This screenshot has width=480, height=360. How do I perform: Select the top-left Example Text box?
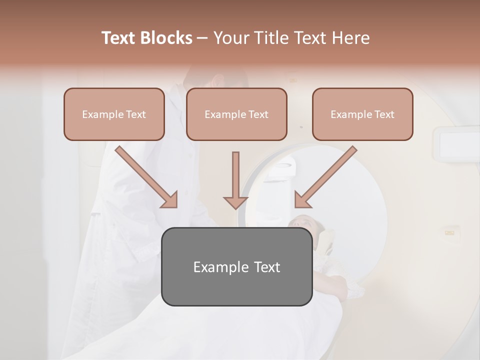pos(114,114)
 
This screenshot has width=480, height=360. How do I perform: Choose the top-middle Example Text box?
pos(236,114)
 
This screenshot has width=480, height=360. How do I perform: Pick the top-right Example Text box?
pos(362,114)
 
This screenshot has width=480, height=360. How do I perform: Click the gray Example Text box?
pos(236,266)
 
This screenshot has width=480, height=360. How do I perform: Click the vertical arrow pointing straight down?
pos(235,180)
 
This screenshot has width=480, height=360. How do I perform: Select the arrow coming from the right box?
pos(326,176)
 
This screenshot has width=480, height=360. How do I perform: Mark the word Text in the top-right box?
pos(384,114)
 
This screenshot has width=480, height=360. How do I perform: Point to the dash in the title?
pos(202,38)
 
